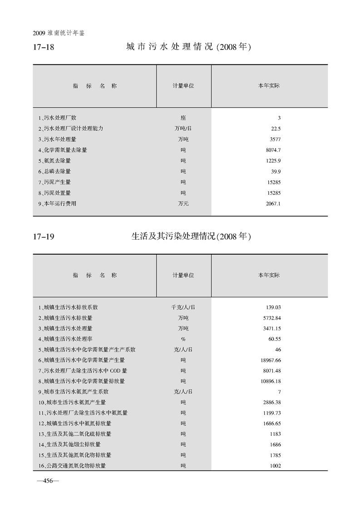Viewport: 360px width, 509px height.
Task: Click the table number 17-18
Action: (x=44, y=47)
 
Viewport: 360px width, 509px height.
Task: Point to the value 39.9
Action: (x=276, y=172)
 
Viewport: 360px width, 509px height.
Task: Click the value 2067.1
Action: (x=273, y=204)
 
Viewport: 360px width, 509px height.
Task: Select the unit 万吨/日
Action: (x=183, y=128)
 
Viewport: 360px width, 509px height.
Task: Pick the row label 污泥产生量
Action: (x=54, y=182)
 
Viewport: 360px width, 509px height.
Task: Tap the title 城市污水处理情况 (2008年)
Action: (x=188, y=47)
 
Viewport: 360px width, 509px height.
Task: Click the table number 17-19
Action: (x=44, y=237)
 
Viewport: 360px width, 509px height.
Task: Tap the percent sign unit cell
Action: (x=183, y=339)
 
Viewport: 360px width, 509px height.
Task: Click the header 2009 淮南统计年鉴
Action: (x=59, y=34)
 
